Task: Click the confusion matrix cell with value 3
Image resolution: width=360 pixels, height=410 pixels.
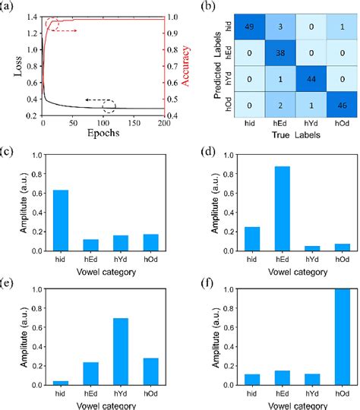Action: click(x=271, y=28)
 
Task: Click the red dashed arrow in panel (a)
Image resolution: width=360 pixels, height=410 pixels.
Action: click(x=67, y=30)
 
